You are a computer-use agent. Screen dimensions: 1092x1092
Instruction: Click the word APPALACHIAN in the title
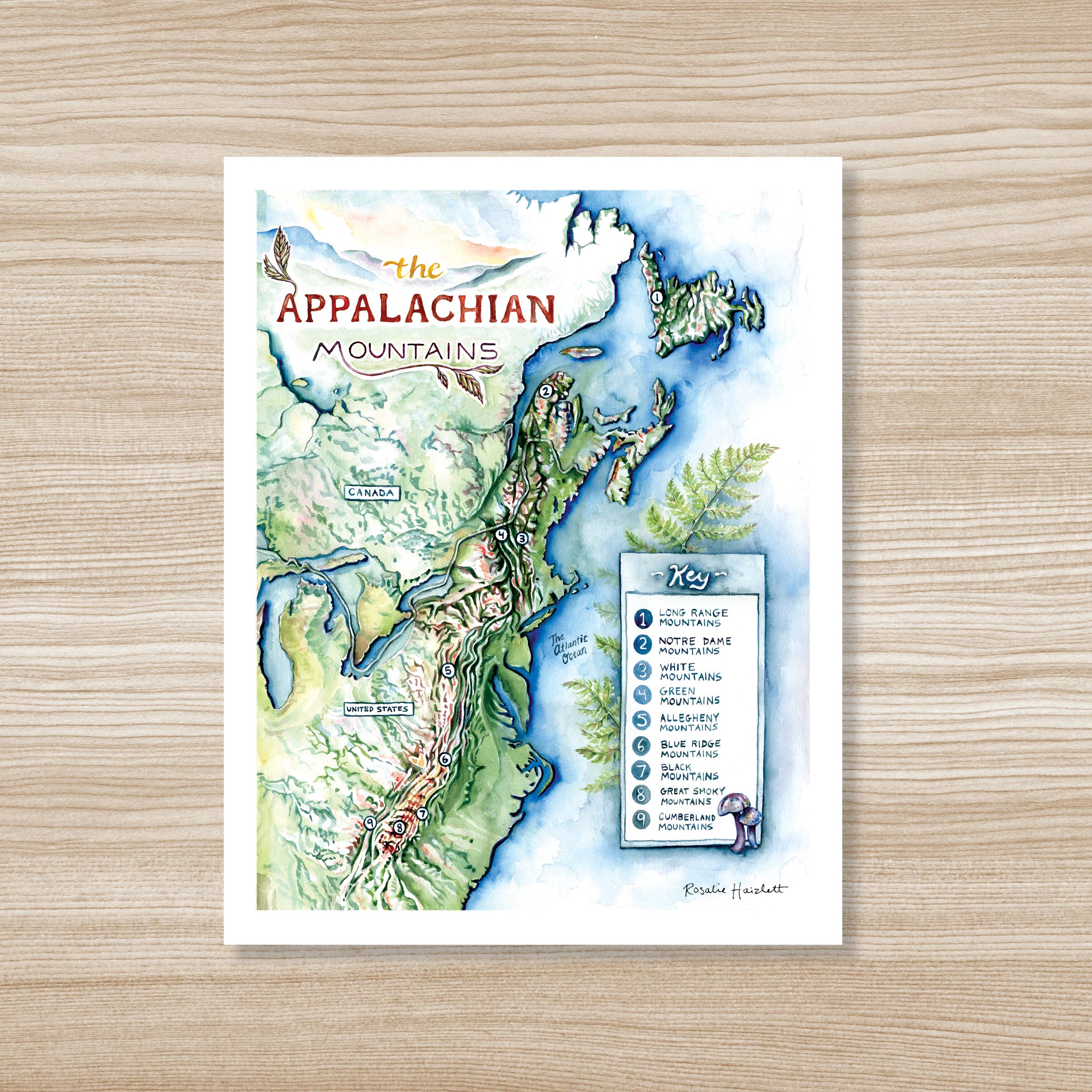(x=417, y=310)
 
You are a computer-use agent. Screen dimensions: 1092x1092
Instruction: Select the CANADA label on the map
(x=371, y=492)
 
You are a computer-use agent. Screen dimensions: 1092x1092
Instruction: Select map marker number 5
(x=448, y=670)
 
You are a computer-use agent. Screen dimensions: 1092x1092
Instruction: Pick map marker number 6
(x=445, y=759)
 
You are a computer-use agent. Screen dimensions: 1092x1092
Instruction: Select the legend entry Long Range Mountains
(x=693, y=618)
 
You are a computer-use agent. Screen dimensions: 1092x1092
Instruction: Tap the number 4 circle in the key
(x=642, y=696)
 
